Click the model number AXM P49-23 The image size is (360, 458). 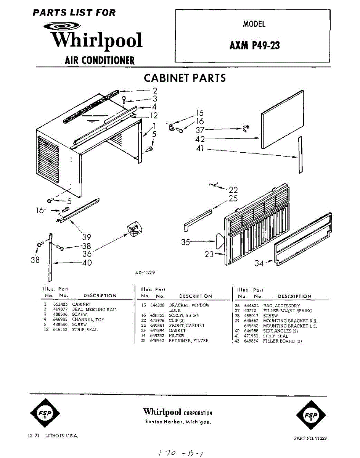(x=254, y=45)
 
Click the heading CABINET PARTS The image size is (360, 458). (x=185, y=78)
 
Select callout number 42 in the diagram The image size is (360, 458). (x=201, y=139)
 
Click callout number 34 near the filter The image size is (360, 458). (x=259, y=263)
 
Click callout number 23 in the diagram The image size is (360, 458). (x=209, y=254)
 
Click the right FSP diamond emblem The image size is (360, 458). (x=311, y=415)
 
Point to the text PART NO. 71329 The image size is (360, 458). (x=310, y=439)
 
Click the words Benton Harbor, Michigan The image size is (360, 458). (x=178, y=422)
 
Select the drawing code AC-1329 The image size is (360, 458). (x=145, y=273)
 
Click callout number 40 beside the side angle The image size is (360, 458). (x=87, y=263)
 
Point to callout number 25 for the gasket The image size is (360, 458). (x=233, y=198)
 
